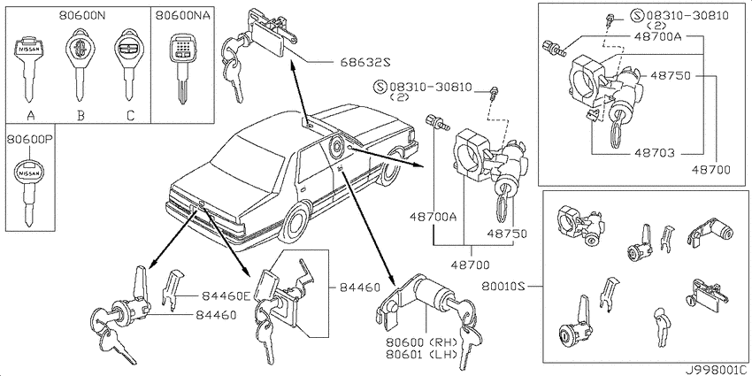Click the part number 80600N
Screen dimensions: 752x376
(82, 15)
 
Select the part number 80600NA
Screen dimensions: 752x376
(183, 15)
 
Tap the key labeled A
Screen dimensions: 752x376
(30, 68)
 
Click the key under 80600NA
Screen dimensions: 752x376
(182, 68)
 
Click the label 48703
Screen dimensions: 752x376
(655, 153)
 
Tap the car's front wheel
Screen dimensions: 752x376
(390, 167)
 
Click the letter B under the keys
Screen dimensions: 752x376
(81, 116)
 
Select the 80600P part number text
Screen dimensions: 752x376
(29, 140)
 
